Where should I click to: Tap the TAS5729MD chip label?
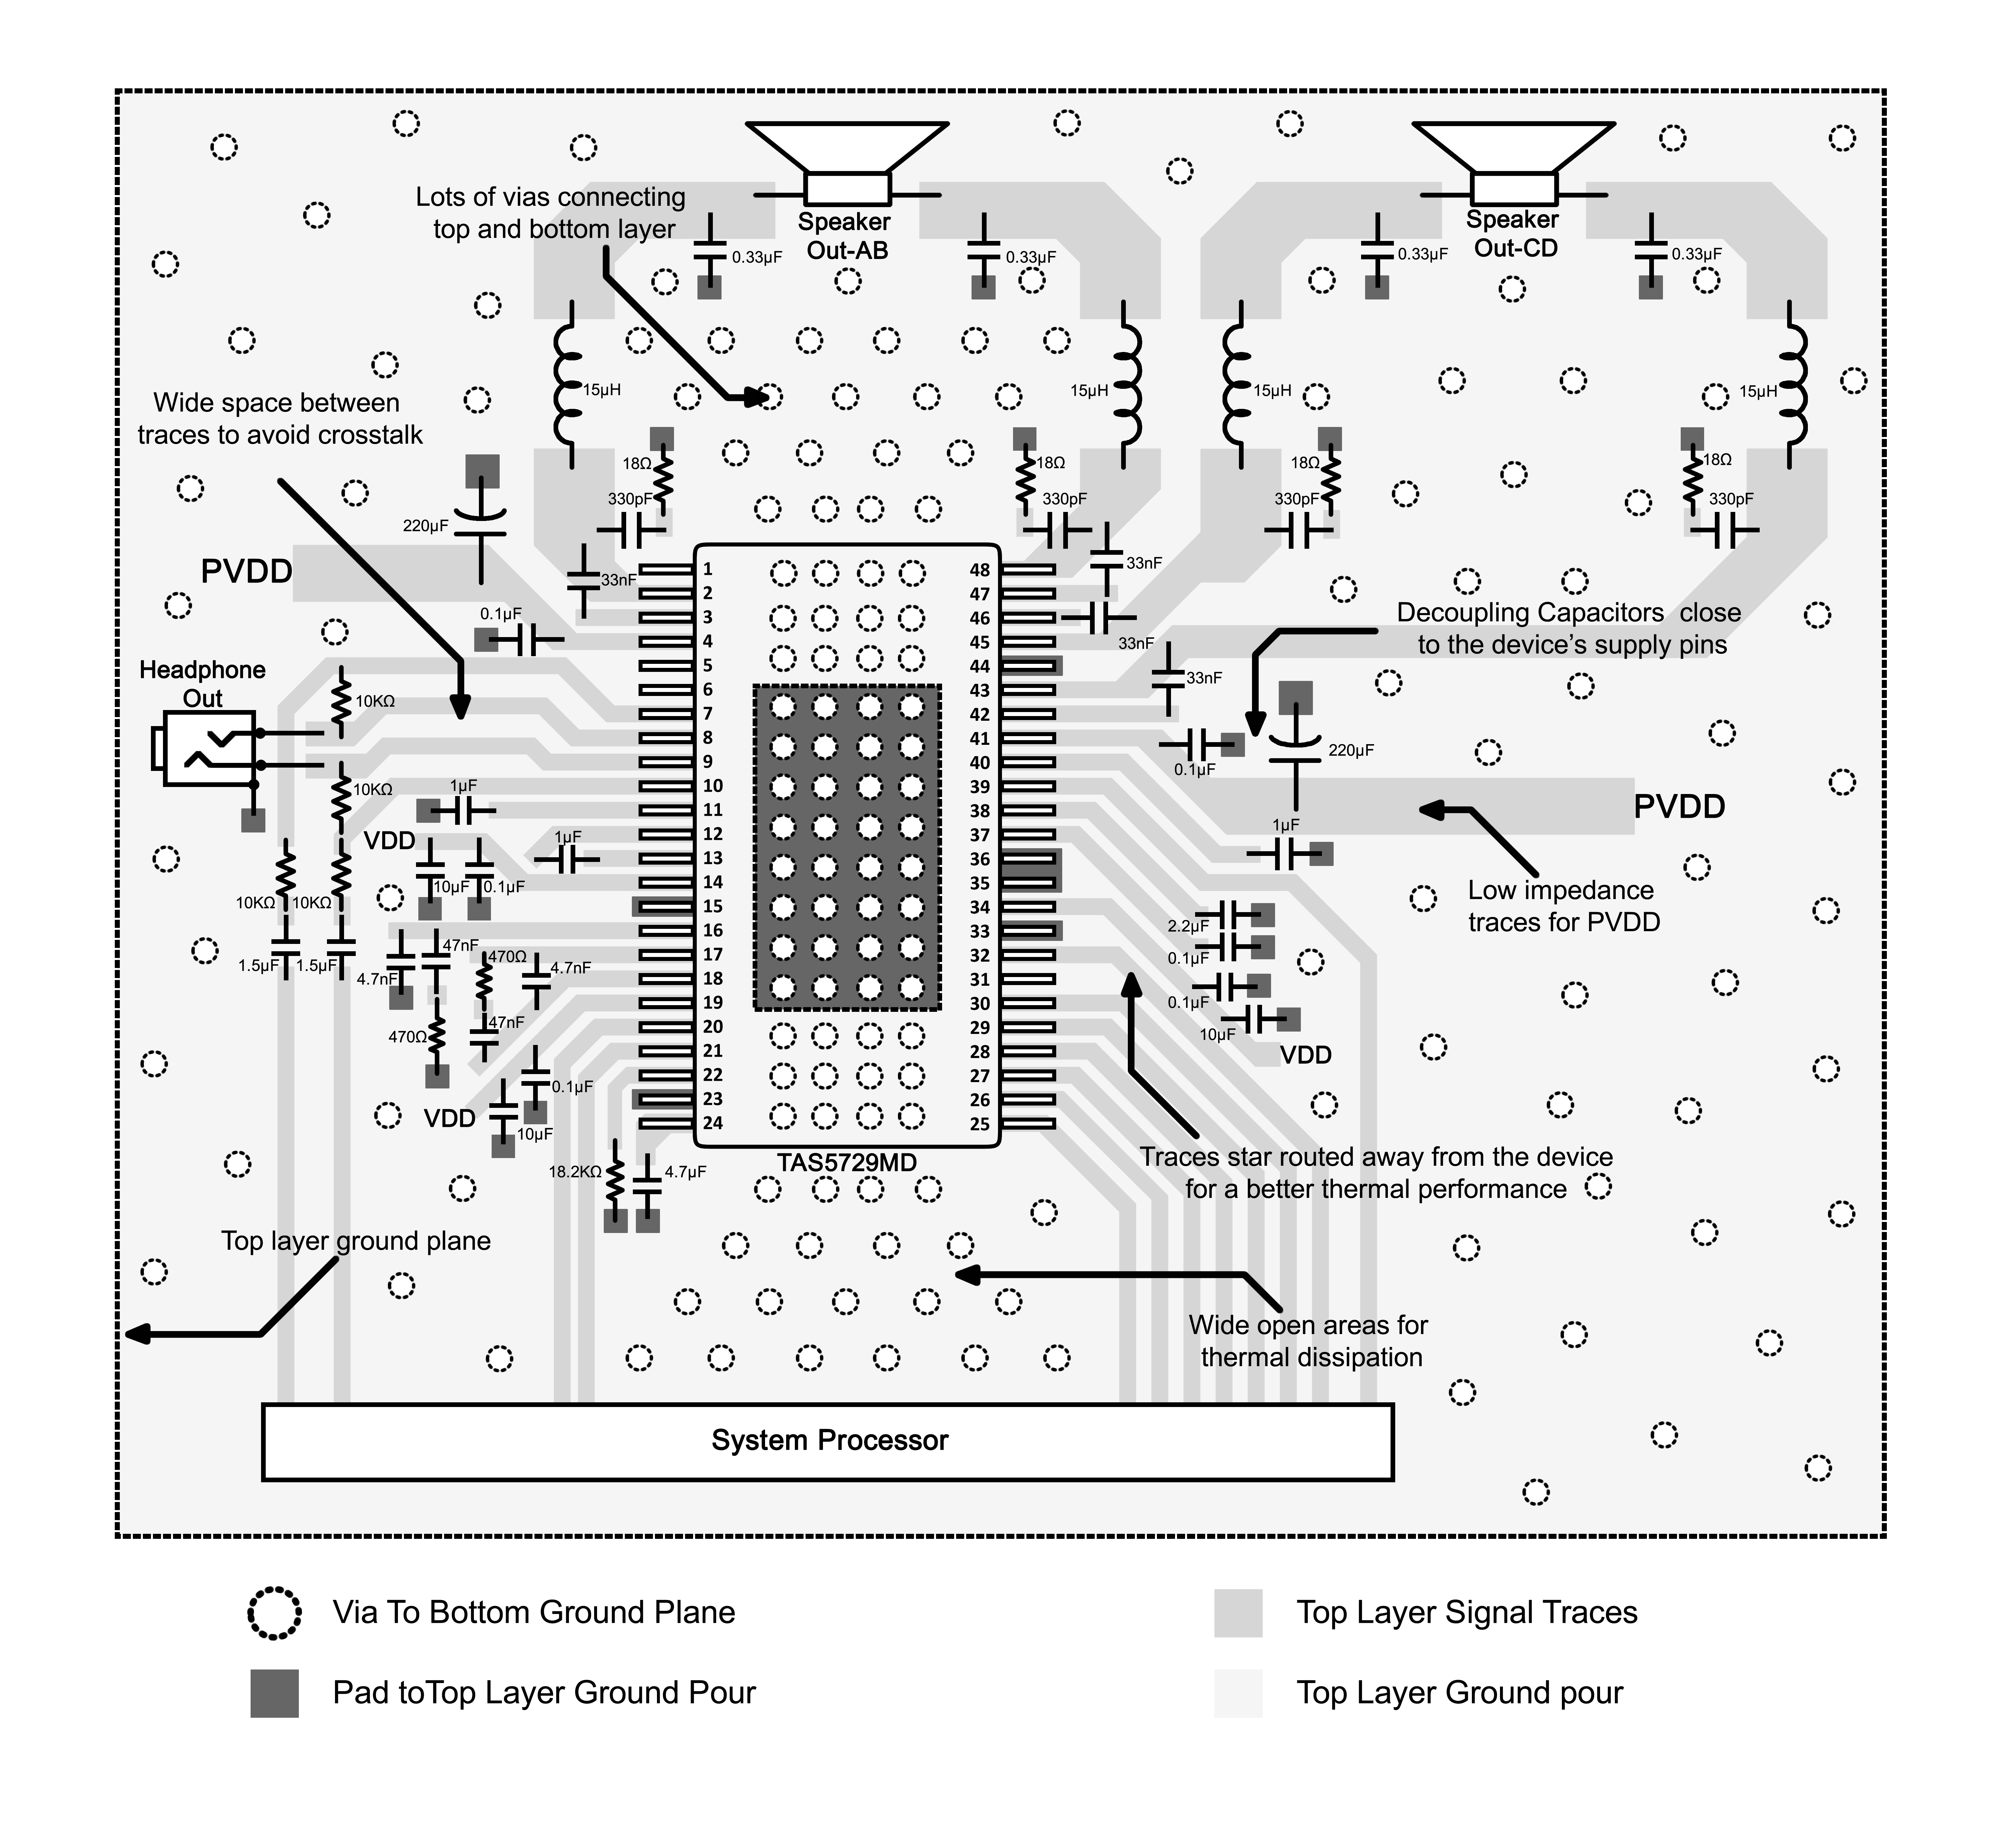coord(847,1162)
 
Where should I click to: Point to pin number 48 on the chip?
coord(980,570)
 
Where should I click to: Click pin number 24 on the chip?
coord(712,1122)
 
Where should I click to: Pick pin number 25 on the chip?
coord(980,1123)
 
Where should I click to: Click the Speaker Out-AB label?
coord(845,236)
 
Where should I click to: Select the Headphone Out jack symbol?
coord(205,747)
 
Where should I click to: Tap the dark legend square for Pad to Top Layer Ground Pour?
coord(274,1693)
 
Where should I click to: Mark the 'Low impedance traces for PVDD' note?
coord(1563,905)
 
